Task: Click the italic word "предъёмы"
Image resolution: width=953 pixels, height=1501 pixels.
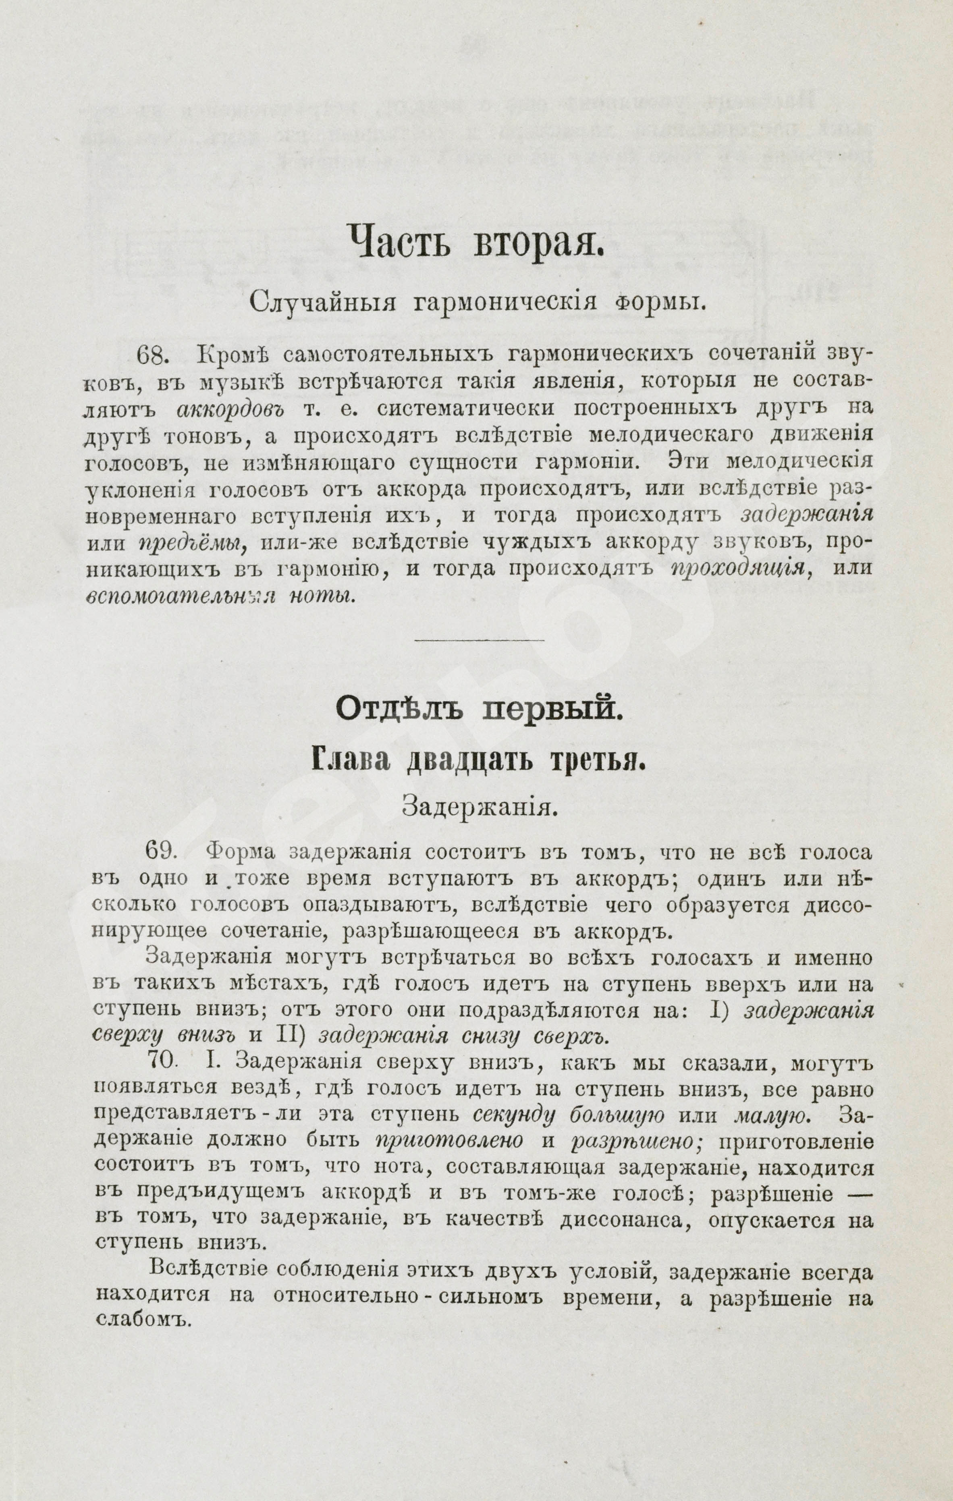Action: click(191, 544)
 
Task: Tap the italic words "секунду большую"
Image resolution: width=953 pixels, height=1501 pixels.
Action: click(569, 1114)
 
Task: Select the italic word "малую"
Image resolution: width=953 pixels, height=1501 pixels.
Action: click(772, 1114)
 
